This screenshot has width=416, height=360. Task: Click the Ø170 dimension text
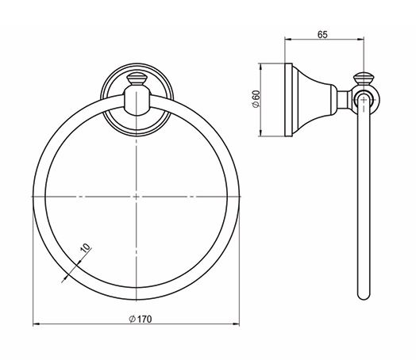click(x=141, y=320)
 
